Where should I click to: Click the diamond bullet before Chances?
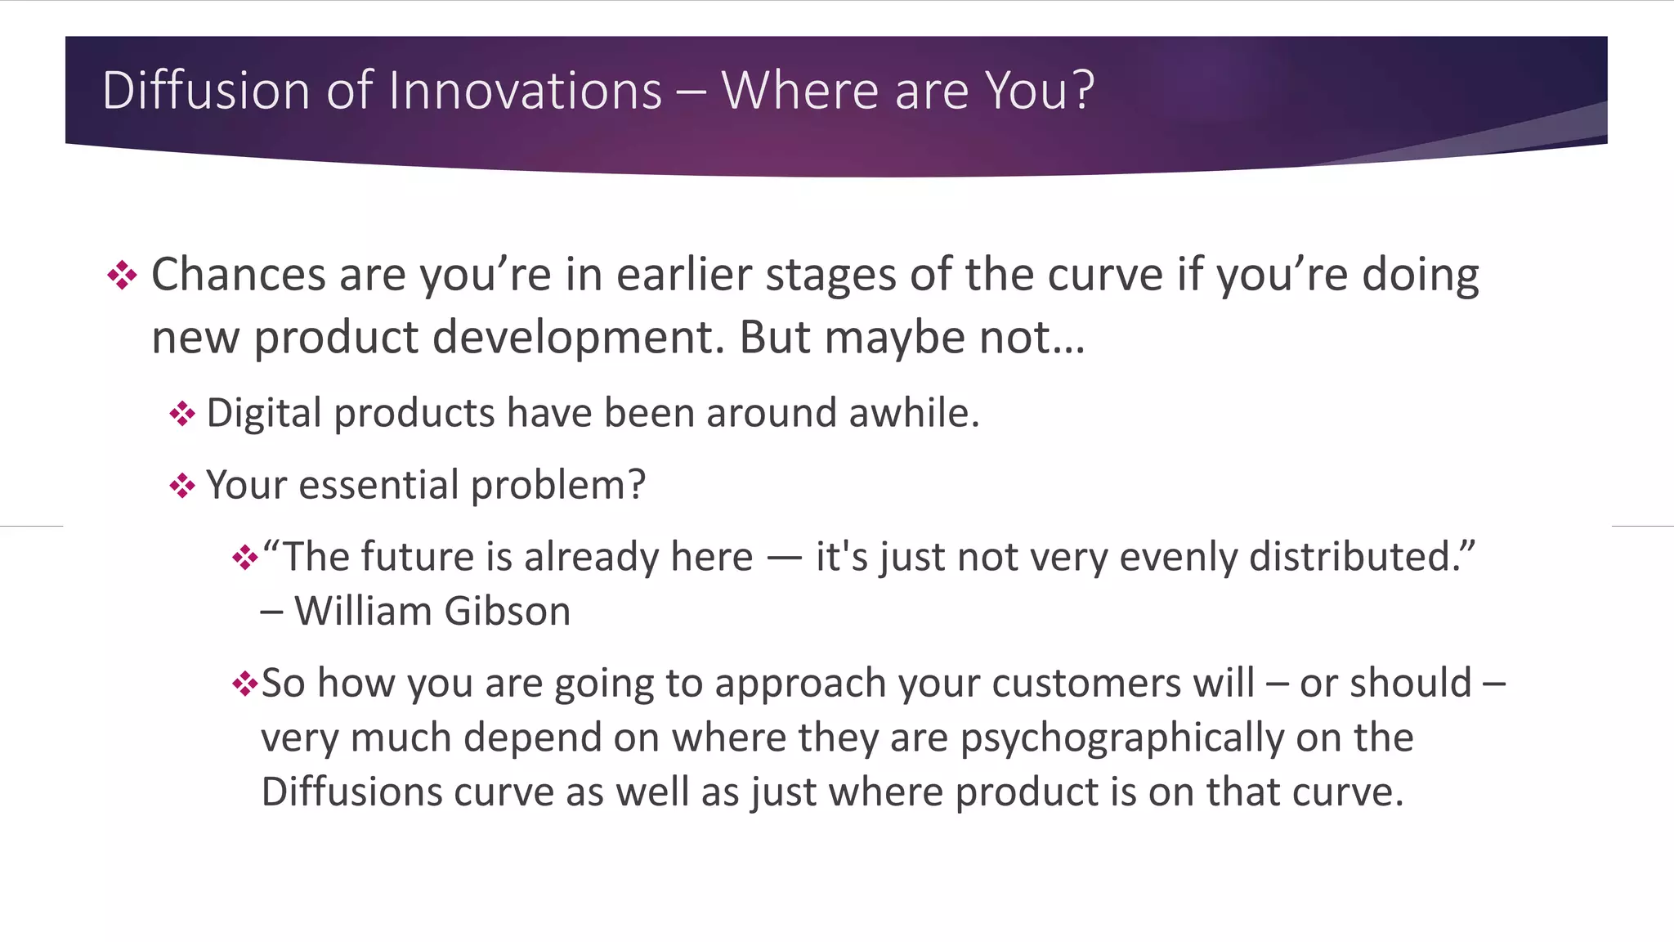(x=122, y=275)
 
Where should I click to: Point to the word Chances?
(x=239, y=275)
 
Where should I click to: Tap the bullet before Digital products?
(x=181, y=414)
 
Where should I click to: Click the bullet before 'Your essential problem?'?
(x=181, y=486)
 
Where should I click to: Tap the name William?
(x=363, y=612)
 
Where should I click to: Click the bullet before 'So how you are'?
(x=244, y=684)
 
